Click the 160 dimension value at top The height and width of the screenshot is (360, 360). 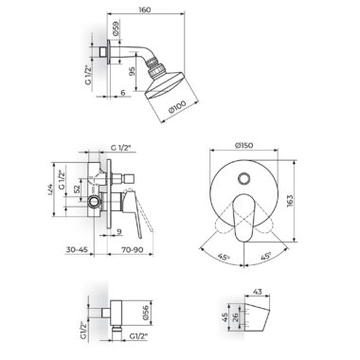tap(144, 9)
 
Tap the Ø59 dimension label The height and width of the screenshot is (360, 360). tap(117, 27)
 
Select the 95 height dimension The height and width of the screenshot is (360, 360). tap(132, 73)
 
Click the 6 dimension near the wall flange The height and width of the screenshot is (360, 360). tap(123, 92)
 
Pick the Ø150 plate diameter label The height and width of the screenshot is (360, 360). tap(243, 145)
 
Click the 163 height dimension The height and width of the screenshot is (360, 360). tap(290, 201)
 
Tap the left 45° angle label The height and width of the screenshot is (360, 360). tap(224, 257)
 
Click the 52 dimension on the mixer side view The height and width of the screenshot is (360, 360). tap(77, 189)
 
